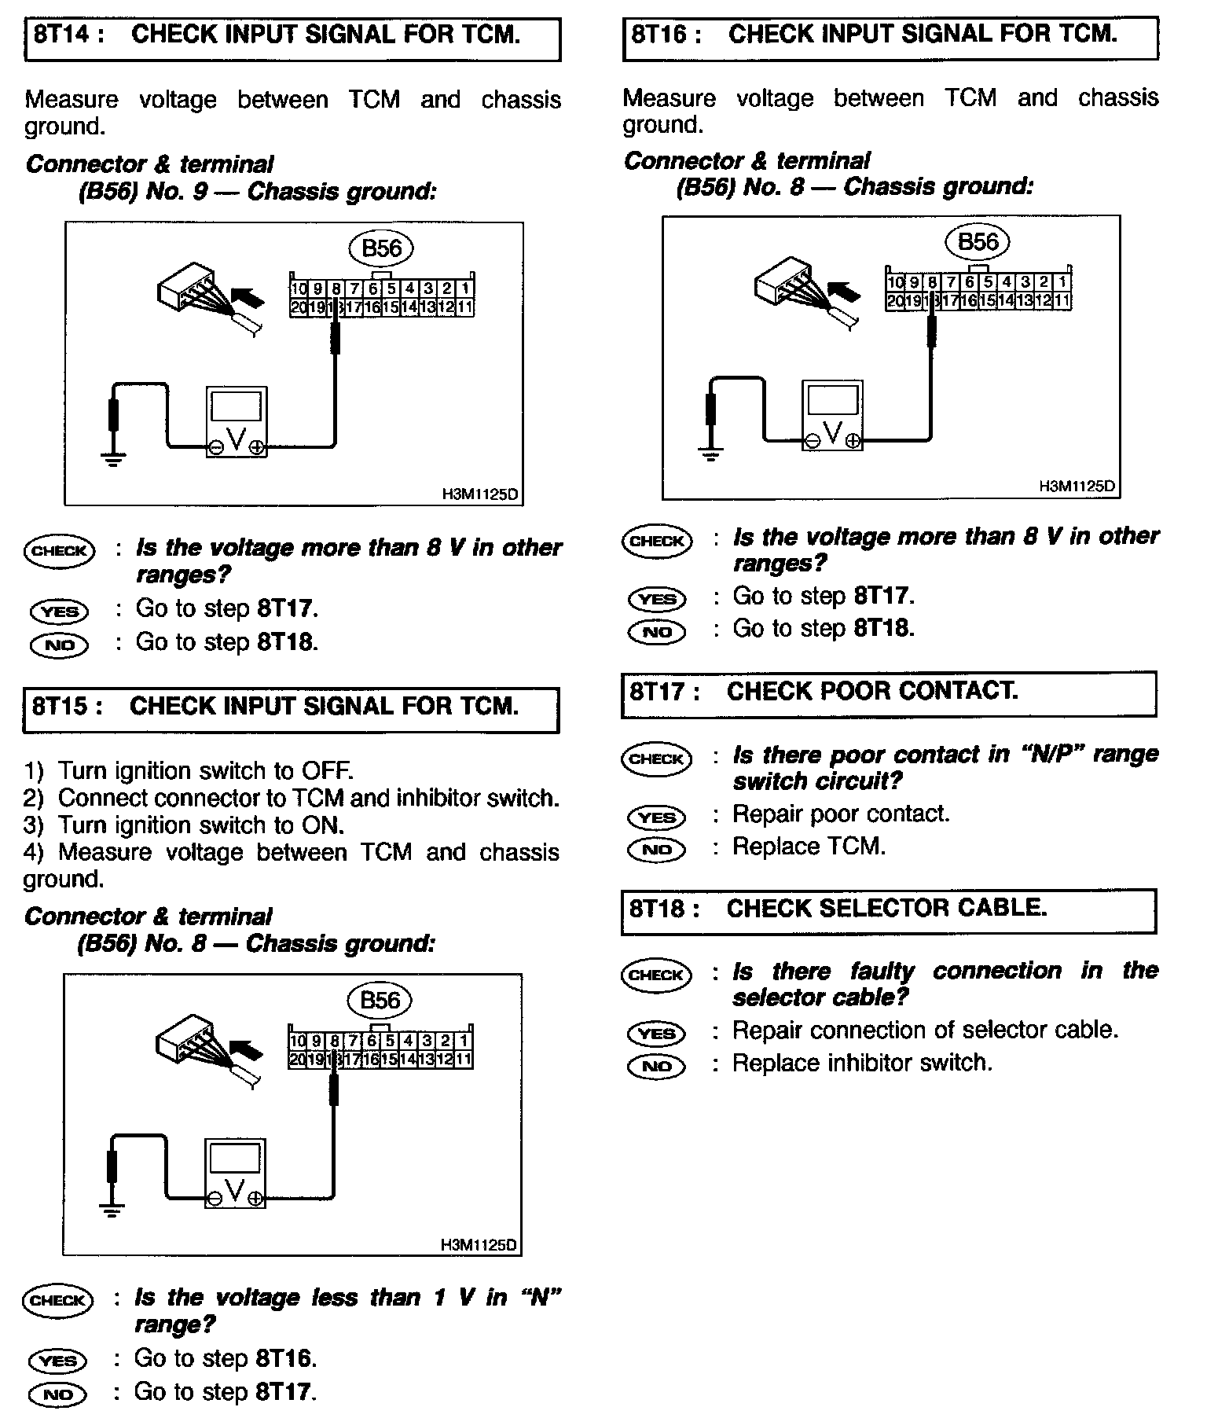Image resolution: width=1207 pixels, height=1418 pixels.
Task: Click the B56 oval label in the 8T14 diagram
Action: pos(381,248)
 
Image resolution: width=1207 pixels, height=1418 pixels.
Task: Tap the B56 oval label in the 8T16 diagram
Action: pos(978,241)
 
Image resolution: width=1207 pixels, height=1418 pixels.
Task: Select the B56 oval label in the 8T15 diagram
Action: pos(380,1000)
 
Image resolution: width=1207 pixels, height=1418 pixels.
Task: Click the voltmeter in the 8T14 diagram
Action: pos(236,421)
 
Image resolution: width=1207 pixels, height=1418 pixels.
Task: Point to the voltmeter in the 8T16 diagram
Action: pos(832,415)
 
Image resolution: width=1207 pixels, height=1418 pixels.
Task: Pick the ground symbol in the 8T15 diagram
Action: pos(113,1210)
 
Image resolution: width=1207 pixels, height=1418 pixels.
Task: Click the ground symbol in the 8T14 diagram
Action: pos(115,459)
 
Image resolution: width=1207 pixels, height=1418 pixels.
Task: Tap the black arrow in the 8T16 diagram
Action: pos(846,293)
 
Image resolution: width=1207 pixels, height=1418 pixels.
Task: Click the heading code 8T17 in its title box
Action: pos(659,692)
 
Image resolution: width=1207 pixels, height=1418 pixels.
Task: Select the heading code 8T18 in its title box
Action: pos(659,909)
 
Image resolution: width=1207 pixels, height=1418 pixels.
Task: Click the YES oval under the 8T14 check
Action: pos(60,611)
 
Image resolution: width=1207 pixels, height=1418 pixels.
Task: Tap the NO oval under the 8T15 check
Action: pos(58,1394)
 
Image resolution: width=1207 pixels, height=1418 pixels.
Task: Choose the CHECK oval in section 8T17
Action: pos(657,759)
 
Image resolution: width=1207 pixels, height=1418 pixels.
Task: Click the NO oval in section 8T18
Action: pos(657,1066)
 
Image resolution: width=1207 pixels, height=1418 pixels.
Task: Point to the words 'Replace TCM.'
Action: pos(809,847)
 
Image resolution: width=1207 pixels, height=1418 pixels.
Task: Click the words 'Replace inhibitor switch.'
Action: pos(862,1063)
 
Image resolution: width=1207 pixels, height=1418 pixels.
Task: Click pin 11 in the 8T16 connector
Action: pos(1062,299)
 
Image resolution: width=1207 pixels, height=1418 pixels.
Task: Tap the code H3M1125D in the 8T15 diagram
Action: pos(479,1245)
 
